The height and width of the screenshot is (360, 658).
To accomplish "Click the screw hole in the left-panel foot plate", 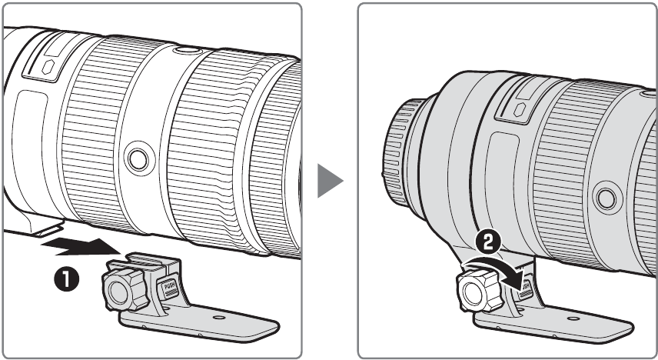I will coord(221,316).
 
